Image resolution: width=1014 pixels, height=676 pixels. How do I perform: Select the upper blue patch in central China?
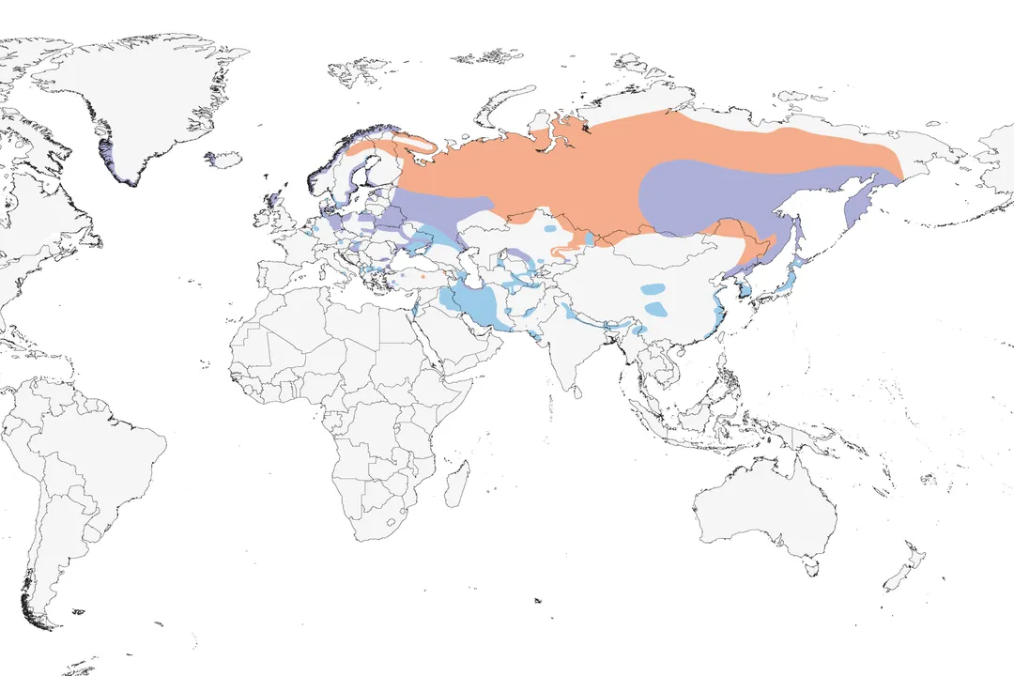(653, 288)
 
